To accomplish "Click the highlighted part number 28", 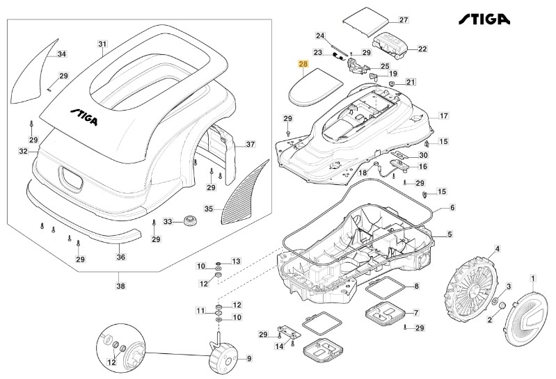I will (303, 64).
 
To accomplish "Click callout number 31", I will (102, 45).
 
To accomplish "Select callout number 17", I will (443, 116).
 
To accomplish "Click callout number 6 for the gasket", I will (452, 207).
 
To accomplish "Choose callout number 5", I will (449, 234).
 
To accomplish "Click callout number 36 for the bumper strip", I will (121, 256).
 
